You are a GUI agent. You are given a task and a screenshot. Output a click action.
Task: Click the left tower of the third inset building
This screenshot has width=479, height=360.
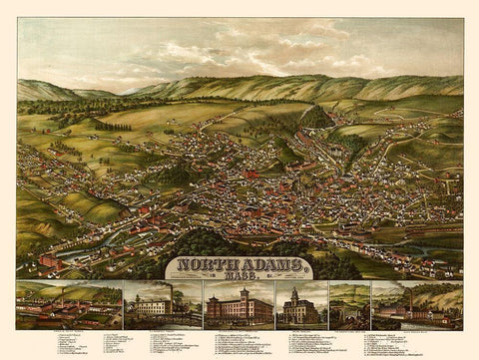point(218,299)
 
